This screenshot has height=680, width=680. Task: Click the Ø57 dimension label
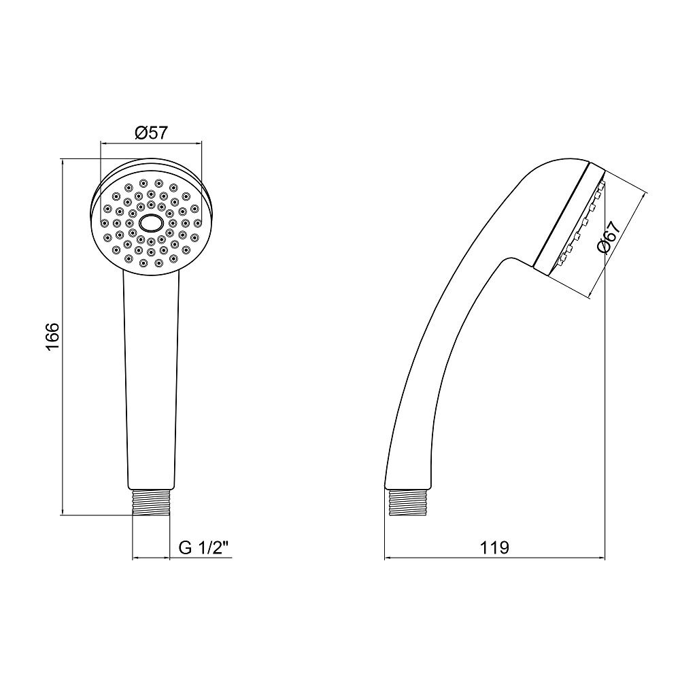click(x=150, y=133)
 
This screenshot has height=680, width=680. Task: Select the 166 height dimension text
click(x=52, y=337)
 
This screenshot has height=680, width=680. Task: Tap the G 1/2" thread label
click(x=203, y=548)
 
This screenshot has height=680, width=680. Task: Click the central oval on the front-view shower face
click(x=150, y=223)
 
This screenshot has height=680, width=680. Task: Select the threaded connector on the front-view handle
click(x=150, y=503)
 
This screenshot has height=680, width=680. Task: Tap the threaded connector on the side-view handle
click(x=408, y=503)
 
